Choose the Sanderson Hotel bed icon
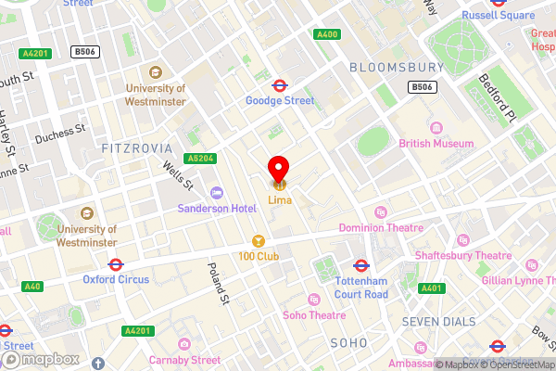(x=217, y=193)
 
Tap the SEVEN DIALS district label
(x=438, y=321)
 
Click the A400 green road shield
(x=326, y=34)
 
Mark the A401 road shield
(x=430, y=288)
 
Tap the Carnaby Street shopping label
(x=187, y=360)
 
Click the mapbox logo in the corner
(x=37, y=359)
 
